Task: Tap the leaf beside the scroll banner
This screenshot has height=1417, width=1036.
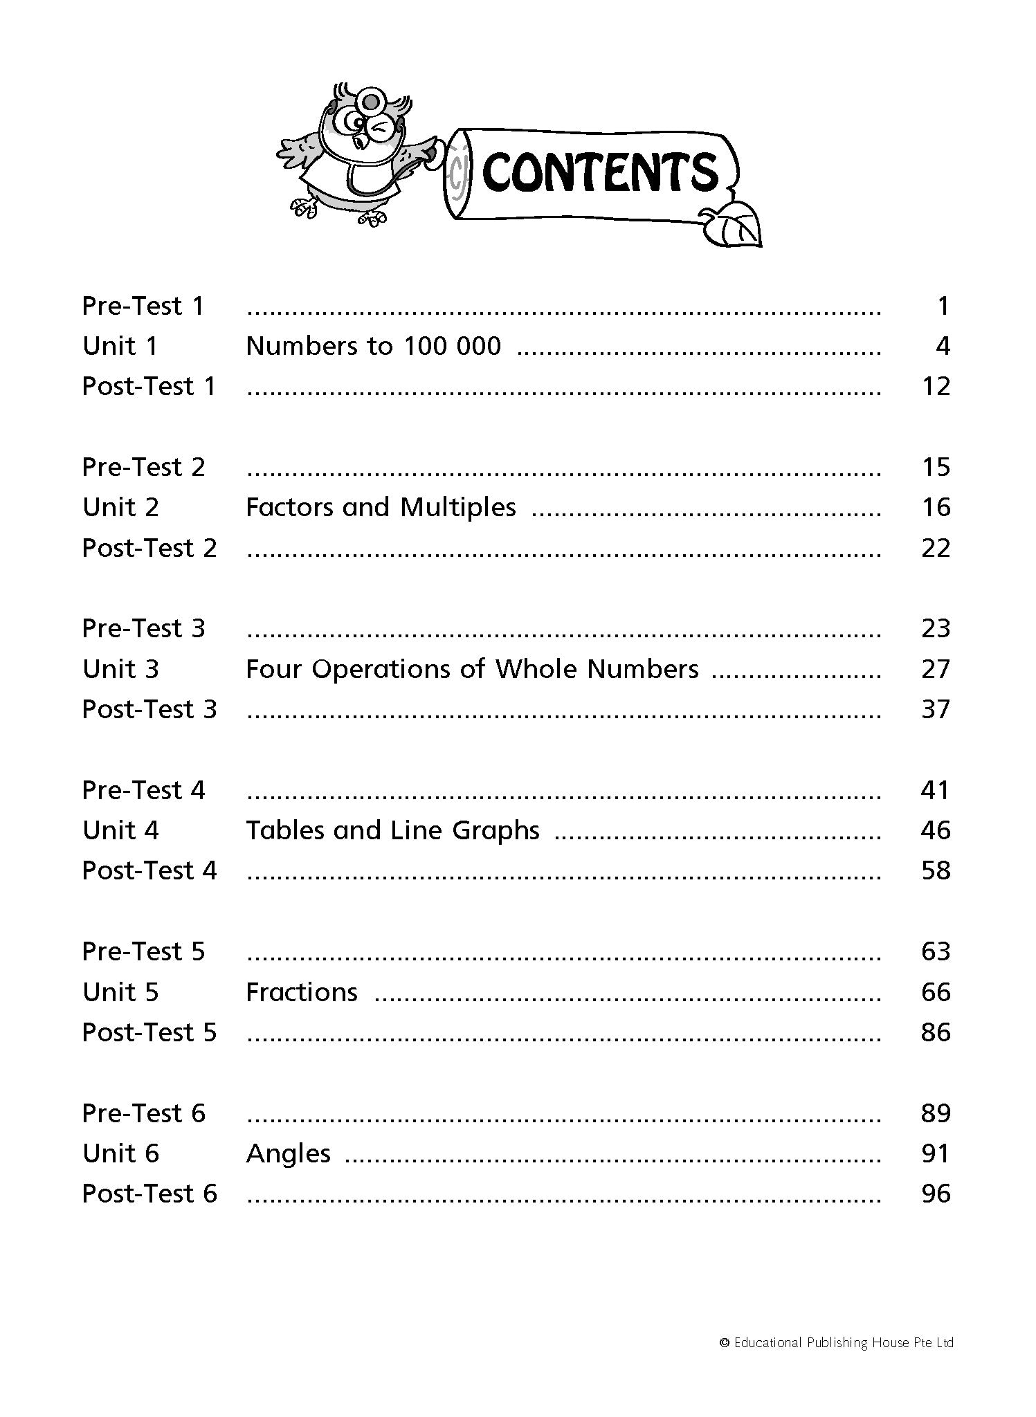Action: pyautogui.click(x=732, y=226)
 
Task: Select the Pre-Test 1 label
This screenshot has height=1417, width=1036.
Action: pyautogui.click(x=143, y=306)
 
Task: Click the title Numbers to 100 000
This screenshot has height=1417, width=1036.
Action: pyautogui.click(x=373, y=346)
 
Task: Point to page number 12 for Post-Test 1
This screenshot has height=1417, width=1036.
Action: pyautogui.click(x=936, y=386)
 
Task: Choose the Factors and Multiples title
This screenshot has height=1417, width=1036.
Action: pyautogui.click(x=381, y=507)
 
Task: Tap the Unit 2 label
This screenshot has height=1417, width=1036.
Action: pyautogui.click(x=120, y=507)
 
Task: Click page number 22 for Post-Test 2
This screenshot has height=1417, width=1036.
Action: pyautogui.click(x=936, y=548)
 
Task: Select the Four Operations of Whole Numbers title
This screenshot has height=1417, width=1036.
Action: pyautogui.click(x=472, y=669)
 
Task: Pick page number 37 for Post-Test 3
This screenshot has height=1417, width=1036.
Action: pyautogui.click(x=936, y=709)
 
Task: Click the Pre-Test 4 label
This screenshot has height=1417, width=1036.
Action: pyautogui.click(x=143, y=790)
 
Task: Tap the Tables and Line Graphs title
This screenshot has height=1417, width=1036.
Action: pyautogui.click(x=392, y=830)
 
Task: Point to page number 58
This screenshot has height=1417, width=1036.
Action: pyautogui.click(x=936, y=870)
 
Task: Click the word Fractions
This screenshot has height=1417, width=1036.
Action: pyautogui.click(x=302, y=992)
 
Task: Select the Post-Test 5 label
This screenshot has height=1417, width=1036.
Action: pyautogui.click(x=149, y=1032)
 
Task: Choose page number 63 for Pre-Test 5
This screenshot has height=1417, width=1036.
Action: pyautogui.click(x=936, y=951)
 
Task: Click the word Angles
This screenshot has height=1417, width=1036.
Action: pyautogui.click(x=288, y=1153)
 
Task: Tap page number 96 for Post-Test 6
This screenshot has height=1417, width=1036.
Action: pyautogui.click(x=936, y=1194)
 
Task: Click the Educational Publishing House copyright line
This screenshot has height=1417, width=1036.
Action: pyautogui.click(x=837, y=1343)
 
